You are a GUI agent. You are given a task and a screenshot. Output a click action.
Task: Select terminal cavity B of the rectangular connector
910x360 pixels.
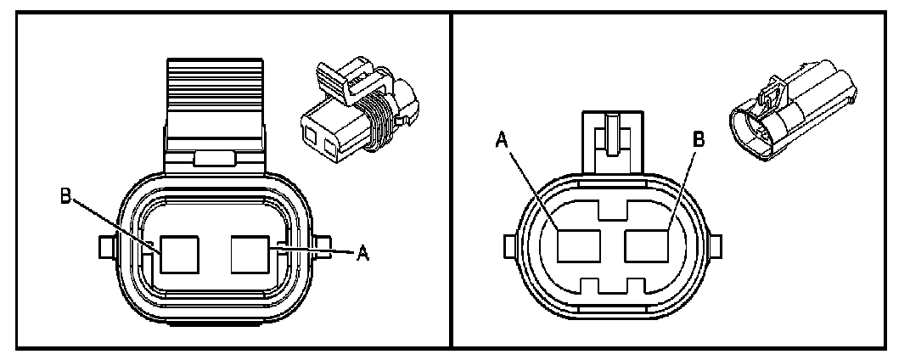pos(180,254)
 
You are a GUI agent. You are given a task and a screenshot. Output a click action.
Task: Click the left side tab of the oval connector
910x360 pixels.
pos(508,247)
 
